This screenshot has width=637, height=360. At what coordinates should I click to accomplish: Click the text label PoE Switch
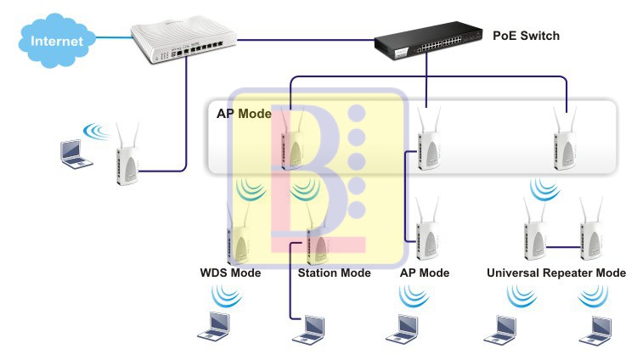coord(526,37)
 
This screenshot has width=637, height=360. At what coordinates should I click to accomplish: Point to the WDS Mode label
coord(230,273)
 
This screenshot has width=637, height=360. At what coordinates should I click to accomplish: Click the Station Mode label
coord(334,273)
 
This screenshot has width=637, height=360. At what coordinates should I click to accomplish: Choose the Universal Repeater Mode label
coord(556,273)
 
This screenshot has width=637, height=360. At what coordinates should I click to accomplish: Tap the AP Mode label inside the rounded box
coord(244,113)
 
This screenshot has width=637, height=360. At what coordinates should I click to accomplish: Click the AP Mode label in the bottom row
coord(424,273)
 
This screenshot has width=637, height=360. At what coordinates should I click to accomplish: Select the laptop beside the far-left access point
coord(72,153)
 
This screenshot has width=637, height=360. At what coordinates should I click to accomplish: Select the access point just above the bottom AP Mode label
coord(427,233)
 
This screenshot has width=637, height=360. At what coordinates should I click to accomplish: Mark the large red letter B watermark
coord(306,170)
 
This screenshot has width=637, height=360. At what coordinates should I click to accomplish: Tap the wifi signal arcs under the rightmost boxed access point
coord(540,186)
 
